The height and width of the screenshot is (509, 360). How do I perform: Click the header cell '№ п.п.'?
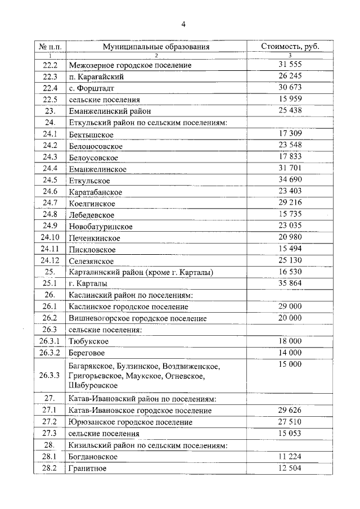point(50,47)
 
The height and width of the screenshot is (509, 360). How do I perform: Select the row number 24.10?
point(50,237)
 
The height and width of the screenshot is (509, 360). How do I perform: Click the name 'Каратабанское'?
point(96,192)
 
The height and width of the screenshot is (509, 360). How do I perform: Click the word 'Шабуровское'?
point(93,385)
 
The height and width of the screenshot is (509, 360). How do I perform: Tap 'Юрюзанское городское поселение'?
point(130,422)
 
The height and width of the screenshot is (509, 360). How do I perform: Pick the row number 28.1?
point(50,457)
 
